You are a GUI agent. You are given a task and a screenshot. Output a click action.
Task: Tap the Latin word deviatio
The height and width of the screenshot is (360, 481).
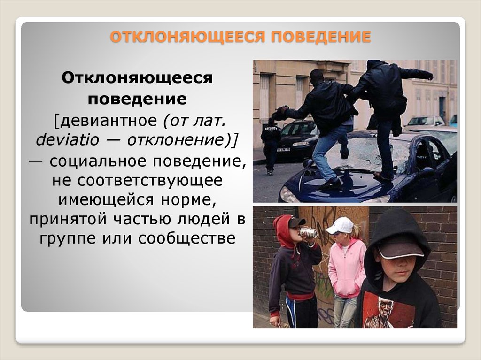pyautogui.click(x=68, y=140)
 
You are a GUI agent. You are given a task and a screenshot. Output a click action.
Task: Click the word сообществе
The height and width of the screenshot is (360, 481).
pyautogui.click(x=187, y=238)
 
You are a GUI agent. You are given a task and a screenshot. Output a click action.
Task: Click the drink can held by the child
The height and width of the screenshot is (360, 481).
pyautogui.click(x=308, y=233)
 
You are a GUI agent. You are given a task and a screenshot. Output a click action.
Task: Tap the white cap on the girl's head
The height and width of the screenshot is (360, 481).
pyautogui.click(x=340, y=226)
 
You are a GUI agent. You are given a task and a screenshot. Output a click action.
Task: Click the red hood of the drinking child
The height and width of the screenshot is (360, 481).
pyautogui.click(x=283, y=230)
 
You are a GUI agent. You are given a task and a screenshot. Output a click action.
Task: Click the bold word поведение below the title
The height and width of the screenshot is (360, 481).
pyautogui.click(x=137, y=99)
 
